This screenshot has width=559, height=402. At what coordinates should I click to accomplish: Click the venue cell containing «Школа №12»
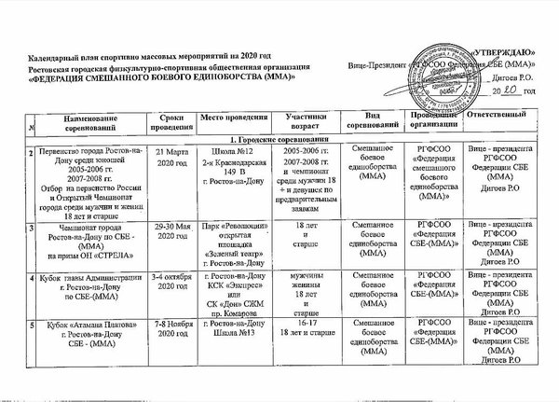coord(231,160)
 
